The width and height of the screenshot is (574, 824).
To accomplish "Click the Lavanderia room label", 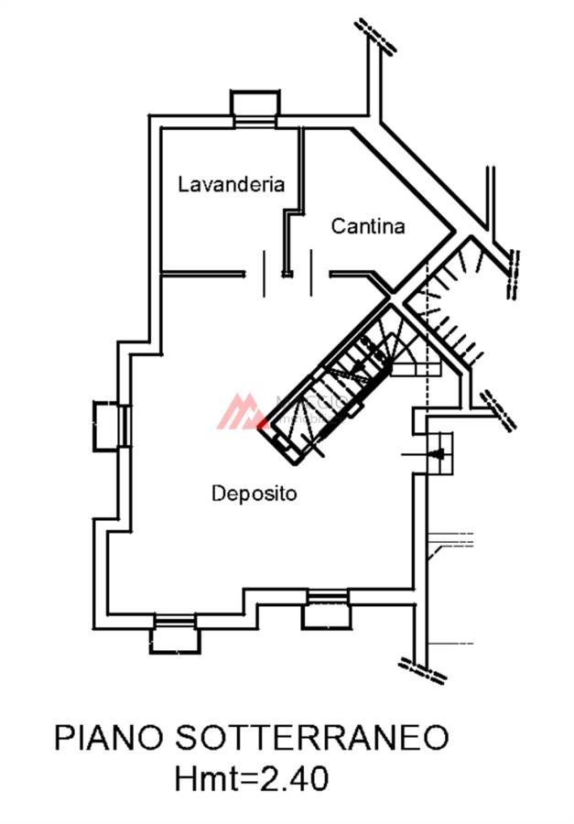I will point(231,184).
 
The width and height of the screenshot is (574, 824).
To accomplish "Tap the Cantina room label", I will point(368,226).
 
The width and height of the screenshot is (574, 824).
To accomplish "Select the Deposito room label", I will point(255,493).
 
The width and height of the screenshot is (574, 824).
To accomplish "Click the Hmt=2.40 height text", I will point(252,780).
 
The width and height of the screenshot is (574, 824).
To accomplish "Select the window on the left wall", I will point(111,427).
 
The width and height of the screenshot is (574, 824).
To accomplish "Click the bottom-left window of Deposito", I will point(174,634).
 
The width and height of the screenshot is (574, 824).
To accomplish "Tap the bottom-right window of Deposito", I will point(327,611).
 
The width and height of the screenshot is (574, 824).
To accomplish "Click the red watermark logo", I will point(240,412).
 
